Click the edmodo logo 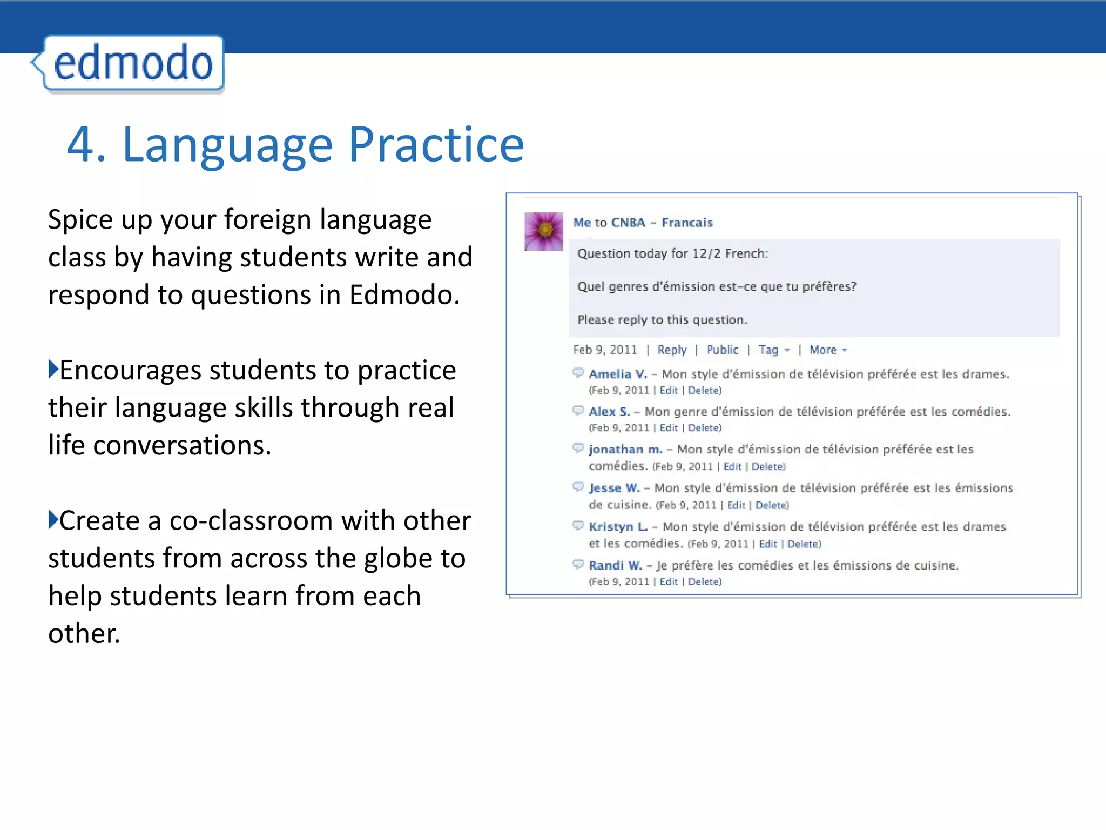click(132, 63)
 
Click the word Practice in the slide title click(436, 145)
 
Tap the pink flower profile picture click(544, 231)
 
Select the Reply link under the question click(672, 350)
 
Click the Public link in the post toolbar click(722, 350)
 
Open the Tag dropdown click(774, 350)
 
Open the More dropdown click(828, 350)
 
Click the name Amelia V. click(617, 374)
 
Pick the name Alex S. click(609, 412)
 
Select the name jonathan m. click(625, 450)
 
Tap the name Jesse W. click(614, 488)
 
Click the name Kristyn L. click(618, 527)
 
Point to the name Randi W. click(615, 566)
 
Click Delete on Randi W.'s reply click(704, 582)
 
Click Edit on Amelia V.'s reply click(669, 390)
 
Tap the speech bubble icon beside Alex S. click(578, 411)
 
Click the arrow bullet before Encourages click(53, 369)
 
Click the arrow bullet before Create click(53, 519)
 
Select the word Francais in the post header click(687, 223)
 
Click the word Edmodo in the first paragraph click(404, 295)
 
